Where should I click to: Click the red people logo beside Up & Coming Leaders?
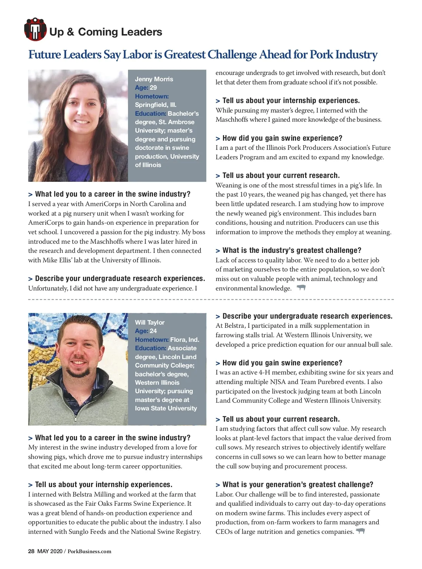tap(35, 29)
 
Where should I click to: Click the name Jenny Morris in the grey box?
tap(154, 79)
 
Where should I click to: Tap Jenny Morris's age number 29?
tap(153, 88)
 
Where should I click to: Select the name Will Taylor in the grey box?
tap(150, 322)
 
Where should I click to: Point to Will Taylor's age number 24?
tap(153, 331)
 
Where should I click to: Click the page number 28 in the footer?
tap(31, 551)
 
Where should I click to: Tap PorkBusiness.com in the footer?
tap(89, 551)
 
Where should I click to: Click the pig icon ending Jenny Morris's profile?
tap(301, 288)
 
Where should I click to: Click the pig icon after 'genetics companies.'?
tap(360, 531)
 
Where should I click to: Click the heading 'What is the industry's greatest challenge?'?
tap(292, 250)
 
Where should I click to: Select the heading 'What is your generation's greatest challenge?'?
tap(298, 485)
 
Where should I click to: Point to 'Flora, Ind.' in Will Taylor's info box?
tap(185, 340)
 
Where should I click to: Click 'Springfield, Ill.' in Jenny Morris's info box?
tap(156, 105)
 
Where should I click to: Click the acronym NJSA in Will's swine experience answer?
tap(276, 382)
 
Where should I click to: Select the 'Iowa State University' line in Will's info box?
tap(166, 408)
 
